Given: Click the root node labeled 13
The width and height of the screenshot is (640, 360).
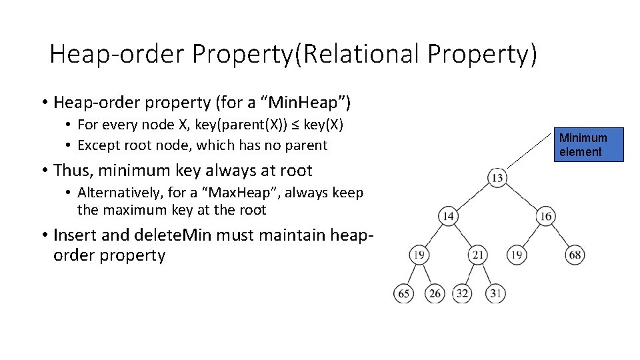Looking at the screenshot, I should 497,177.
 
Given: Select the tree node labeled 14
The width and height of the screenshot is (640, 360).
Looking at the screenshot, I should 449,216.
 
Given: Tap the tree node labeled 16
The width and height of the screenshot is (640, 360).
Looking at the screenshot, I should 546,216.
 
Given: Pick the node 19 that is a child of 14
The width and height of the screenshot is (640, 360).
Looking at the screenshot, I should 419,255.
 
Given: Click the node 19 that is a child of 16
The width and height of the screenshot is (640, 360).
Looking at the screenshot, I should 516,255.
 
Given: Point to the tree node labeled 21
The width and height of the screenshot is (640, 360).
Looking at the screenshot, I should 479,255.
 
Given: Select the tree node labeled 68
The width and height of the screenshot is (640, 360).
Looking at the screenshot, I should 575,255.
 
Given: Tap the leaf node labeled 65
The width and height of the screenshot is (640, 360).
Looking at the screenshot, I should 403,293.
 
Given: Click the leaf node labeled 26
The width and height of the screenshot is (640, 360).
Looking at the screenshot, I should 434,293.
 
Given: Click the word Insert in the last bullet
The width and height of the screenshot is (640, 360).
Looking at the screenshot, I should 75,235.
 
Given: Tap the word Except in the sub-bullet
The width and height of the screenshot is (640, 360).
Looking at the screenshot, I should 99,145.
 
